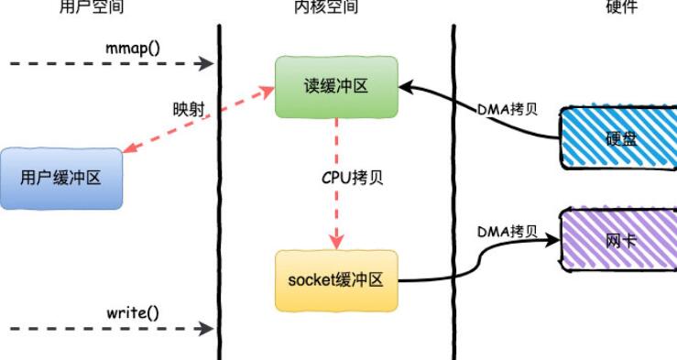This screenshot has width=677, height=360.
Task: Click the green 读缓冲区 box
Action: pos(337,86)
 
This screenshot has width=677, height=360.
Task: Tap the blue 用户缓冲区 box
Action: pos(60,178)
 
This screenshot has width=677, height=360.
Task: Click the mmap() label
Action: pos(131,46)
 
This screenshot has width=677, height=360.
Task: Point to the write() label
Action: pos(132,311)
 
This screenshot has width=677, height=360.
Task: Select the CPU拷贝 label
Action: pos(352,177)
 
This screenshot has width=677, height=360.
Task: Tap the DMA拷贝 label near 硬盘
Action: pos(507,109)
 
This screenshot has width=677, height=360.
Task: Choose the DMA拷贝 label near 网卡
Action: pos(507,231)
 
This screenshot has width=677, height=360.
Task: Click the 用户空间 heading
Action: pos(92,7)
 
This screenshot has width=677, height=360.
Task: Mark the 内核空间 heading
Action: pos(326,7)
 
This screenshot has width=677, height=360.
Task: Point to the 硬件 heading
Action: pos(621,7)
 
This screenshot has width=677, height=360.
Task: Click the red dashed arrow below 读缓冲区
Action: pos(337,183)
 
